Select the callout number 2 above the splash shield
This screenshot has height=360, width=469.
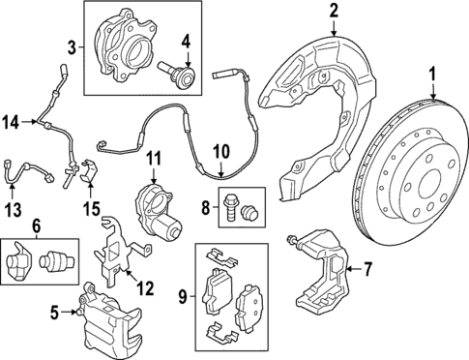(x=334, y=12)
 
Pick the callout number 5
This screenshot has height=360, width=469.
(x=55, y=311)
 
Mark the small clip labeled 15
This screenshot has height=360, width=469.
(x=89, y=173)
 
